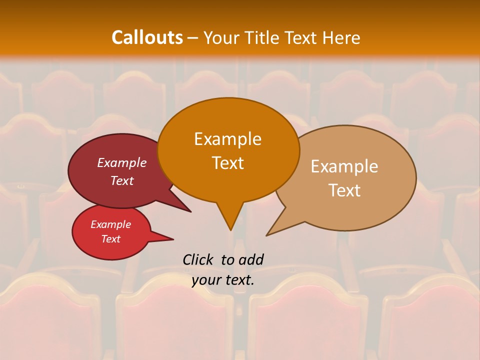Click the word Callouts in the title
(x=147, y=37)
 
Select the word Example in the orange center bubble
(x=227, y=139)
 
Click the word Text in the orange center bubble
(x=227, y=163)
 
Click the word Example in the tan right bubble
(x=344, y=166)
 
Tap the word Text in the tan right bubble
(x=344, y=190)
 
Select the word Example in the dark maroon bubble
(x=122, y=163)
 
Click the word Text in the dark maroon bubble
(x=122, y=181)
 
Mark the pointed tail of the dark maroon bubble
(x=190, y=211)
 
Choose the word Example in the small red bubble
(x=110, y=224)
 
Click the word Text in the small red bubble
(x=110, y=239)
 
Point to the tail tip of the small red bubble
(x=173, y=239)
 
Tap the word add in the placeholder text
(x=251, y=259)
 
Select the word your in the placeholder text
(x=207, y=280)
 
